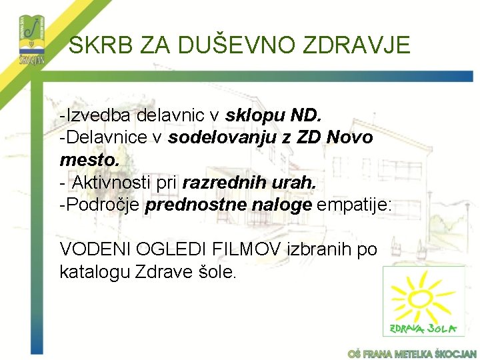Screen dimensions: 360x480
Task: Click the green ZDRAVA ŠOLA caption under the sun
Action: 423,327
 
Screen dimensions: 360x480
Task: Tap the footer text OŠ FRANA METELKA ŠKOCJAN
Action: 413,353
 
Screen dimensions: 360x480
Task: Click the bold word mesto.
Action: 89,160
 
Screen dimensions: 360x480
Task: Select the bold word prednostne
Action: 195,205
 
